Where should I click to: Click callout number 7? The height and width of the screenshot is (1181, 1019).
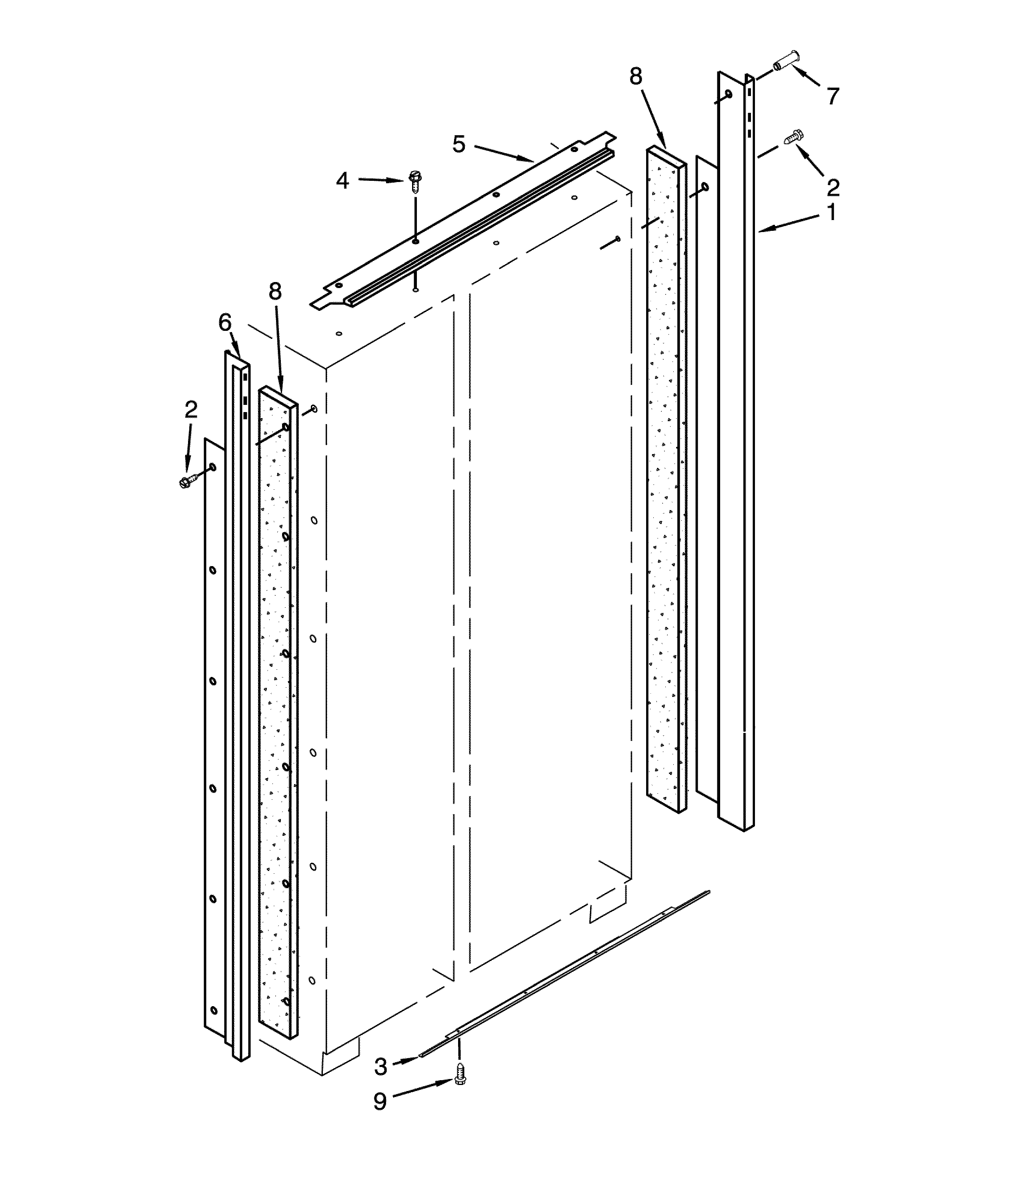[x=833, y=96]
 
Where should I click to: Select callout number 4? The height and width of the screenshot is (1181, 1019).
[x=342, y=181]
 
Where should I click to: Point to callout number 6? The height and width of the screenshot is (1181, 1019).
[x=225, y=323]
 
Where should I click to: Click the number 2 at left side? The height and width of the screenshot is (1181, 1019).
[x=191, y=409]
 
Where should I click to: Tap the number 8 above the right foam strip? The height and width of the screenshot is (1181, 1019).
[x=636, y=76]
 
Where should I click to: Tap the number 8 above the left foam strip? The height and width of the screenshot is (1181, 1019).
[x=275, y=292]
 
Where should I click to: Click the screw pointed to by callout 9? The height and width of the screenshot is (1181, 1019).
[x=460, y=1088]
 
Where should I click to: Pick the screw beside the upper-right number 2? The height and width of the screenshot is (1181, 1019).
[x=794, y=137]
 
